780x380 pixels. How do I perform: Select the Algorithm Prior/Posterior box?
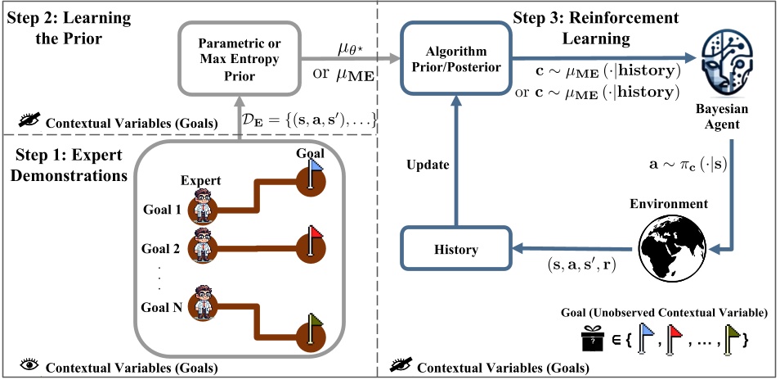(456, 60)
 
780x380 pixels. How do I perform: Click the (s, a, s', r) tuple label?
(583, 266)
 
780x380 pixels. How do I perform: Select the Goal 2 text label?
(160, 248)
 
